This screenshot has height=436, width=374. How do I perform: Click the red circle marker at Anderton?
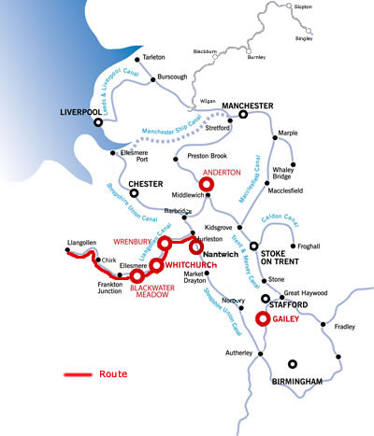(208, 185)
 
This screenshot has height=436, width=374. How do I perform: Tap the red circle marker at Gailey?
(263, 318)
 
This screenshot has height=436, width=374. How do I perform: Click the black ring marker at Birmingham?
(294, 365)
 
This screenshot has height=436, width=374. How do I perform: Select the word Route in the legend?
(112, 374)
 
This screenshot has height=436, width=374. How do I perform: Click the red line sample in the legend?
(78, 375)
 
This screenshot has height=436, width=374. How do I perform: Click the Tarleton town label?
(160, 58)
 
